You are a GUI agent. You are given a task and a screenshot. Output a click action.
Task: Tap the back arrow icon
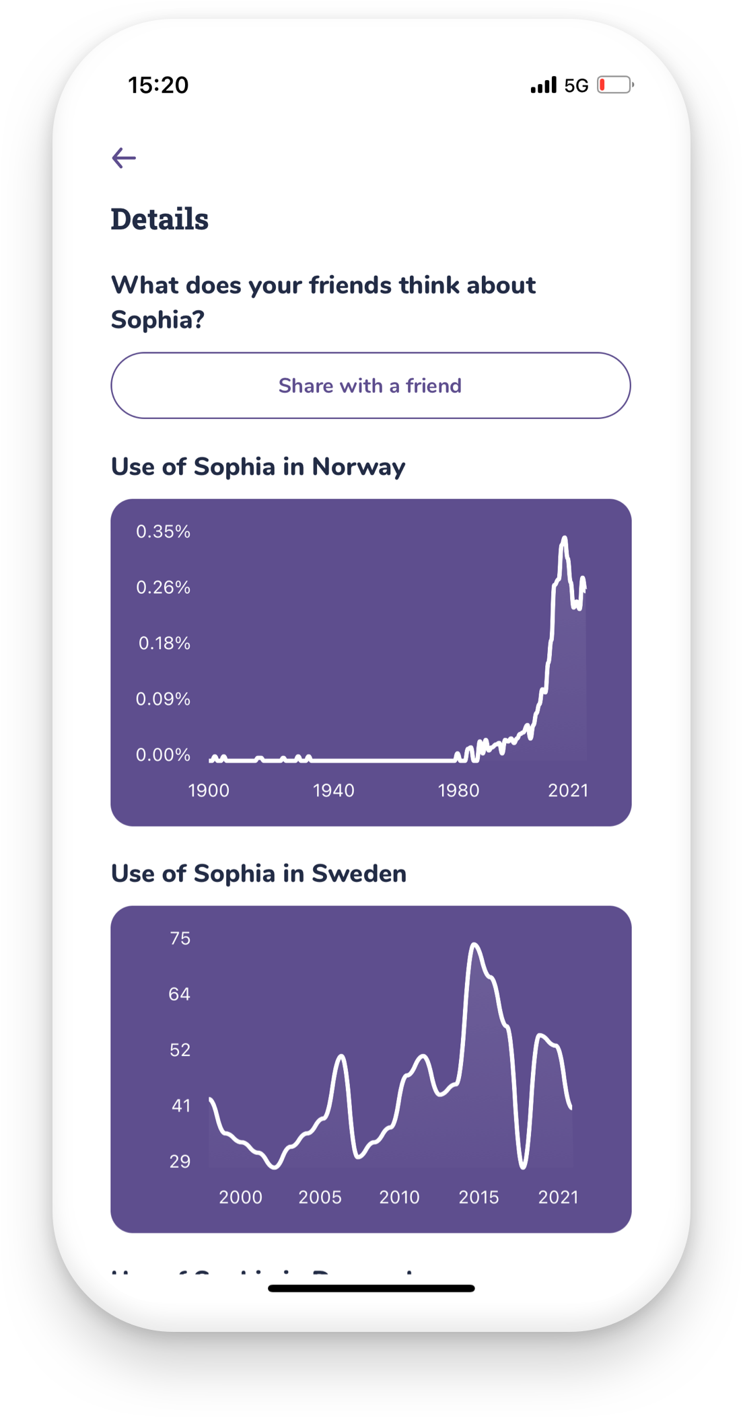pyautogui.click(x=124, y=158)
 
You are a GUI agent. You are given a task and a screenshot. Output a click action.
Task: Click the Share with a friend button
pyautogui.click(x=370, y=385)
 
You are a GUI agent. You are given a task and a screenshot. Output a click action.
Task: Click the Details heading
pyautogui.click(x=160, y=219)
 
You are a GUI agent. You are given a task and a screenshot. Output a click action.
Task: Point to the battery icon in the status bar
pyautogui.click(x=615, y=85)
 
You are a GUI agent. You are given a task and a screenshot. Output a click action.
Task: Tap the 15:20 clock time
pyautogui.click(x=158, y=85)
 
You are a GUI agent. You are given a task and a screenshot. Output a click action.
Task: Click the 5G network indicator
pyautogui.click(x=576, y=85)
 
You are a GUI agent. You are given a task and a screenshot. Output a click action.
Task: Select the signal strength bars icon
pyautogui.click(x=543, y=85)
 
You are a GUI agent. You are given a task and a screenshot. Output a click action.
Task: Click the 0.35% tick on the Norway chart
pyautogui.click(x=163, y=531)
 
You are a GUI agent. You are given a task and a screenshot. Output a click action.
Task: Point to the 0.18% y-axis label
pyautogui.click(x=164, y=643)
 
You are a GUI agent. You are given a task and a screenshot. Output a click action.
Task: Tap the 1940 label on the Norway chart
pyautogui.click(x=333, y=790)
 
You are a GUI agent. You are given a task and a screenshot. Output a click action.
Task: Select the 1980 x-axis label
pyautogui.click(x=458, y=790)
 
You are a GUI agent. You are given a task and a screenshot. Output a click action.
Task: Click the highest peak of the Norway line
pyautogui.click(x=564, y=538)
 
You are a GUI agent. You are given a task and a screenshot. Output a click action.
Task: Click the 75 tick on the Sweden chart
pyautogui.click(x=180, y=938)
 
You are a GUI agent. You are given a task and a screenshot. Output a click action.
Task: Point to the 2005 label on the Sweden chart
pyautogui.click(x=320, y=1197)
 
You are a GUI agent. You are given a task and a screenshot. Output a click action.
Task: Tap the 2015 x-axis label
pyautogui.click(x=479, y=1197)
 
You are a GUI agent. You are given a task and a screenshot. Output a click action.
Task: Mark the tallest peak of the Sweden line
pyautogui.click(x=474, y=945)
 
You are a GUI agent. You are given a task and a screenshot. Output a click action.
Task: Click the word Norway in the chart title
pyautogui.click(x=358, y=467)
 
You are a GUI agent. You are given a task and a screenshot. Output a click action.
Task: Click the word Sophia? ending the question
pyautogui.click(x=157, y=320)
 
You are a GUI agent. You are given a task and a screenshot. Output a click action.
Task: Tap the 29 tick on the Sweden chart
pyautogui.click(x=180, y=1162)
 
